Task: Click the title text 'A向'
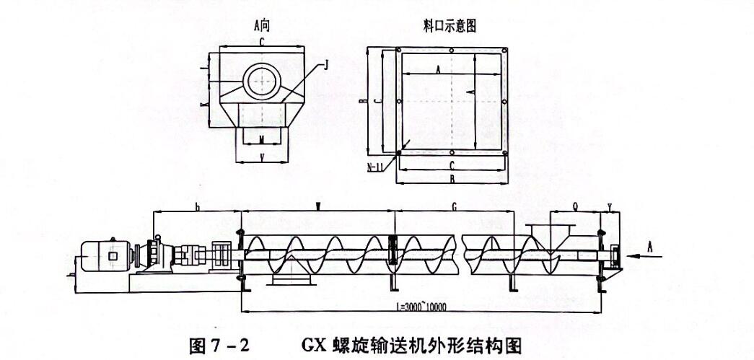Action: point(261,25)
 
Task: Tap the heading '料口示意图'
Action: point(451,25)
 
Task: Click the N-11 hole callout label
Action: point(375,167)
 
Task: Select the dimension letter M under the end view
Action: point(260,136)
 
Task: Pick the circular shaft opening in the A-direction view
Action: point(260,80)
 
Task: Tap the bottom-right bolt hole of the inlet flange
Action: point(503,153)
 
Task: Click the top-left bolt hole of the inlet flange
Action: point(399,50)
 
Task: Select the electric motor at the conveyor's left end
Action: point(101,255)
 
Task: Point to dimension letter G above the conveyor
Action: point(454,207)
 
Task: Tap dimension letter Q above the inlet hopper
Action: point(574,207)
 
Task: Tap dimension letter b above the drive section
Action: point(197,207)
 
